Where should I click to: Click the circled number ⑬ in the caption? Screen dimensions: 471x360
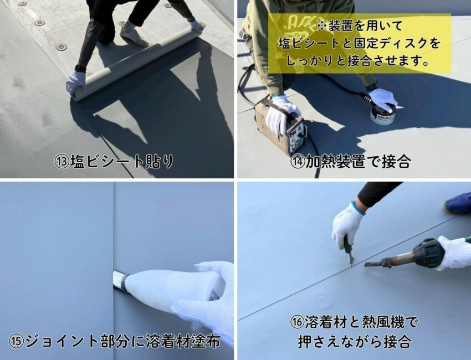click(x=62, y=162)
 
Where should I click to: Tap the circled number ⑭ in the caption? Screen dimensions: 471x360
click(x=298, y=162)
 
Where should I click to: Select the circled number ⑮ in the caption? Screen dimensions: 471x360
click(x=16, y=342)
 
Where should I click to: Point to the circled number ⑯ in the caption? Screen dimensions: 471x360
click(x=298, y=323)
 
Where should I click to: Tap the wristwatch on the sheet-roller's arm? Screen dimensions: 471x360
click(x=80, y=69)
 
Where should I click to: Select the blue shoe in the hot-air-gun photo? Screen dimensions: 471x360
click(x=458, y=203)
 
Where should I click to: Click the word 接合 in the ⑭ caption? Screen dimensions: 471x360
click(x=397, y=162)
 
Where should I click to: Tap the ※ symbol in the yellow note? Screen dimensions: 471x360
click(x=322, y=27)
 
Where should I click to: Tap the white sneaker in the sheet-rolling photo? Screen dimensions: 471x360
click(x=134, y=35)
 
